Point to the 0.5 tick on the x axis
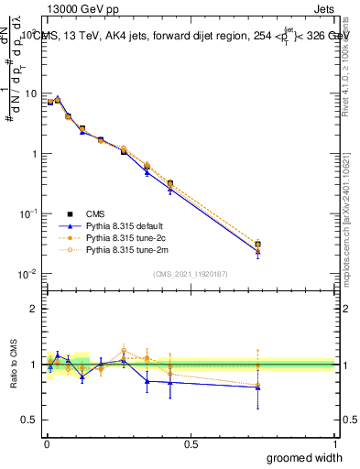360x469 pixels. click(x=191, y=442)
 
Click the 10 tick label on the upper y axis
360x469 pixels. click(x=30, y=93)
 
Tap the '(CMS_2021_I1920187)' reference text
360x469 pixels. click(x=191, y=273)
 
